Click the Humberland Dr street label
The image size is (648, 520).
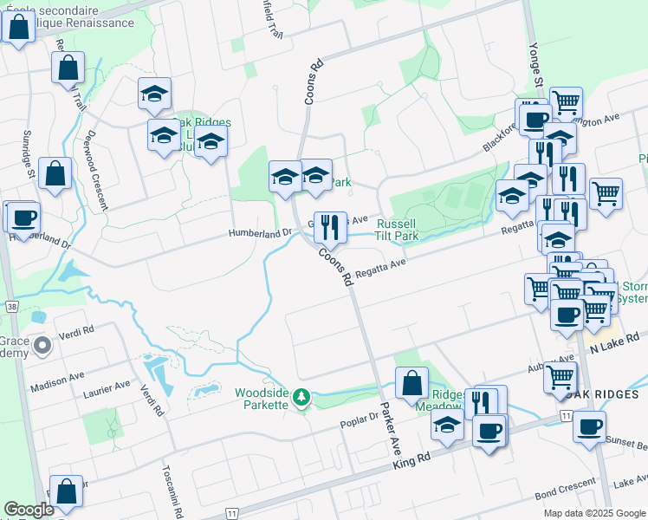pyautogui.click(x=261, y=233)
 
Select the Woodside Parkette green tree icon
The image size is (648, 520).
pyautogui.click(x=301, y=398)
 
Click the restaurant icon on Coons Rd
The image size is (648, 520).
pyautogui.click(x=329, y=228)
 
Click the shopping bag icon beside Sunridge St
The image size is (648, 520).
pyautogui.click(x=55, y=172)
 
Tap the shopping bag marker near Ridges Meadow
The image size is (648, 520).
pyautogui.click(x=412, y=382)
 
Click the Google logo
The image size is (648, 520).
pyautogui.click(x=29, y=510)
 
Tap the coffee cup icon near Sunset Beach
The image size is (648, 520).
pyautogui.click(x=589, y=426)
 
